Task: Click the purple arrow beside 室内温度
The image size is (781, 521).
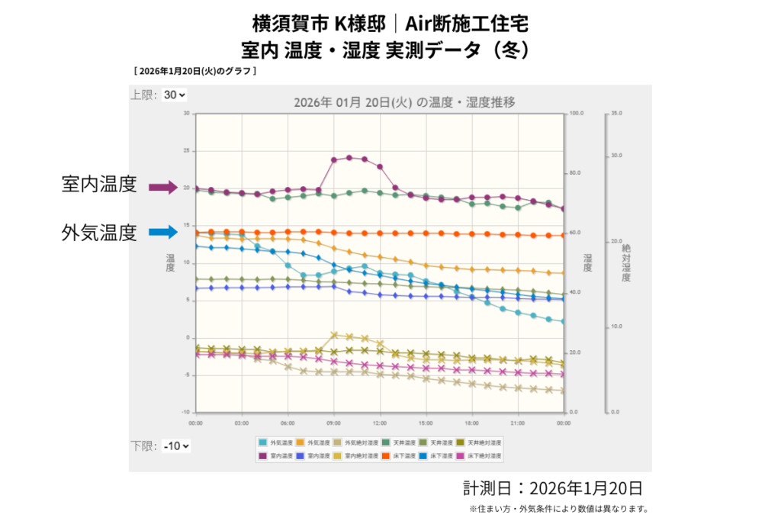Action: pyautogui.click(x=162, y=187)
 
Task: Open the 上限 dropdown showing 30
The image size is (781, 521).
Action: pyautogui.click(x=175, y=95)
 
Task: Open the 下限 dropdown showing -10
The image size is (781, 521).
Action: pyautogui.click(x=176, y=445)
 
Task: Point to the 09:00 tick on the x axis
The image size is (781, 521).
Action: pyautogui.click(x=333, y=421)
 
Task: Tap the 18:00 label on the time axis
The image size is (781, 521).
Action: pyautogui.click(x=471, y=421)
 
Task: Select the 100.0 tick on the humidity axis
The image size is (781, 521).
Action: pyautogui.click(x=576, y=113)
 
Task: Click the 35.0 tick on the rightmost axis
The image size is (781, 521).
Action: pyautogui.click(x=616, y=113)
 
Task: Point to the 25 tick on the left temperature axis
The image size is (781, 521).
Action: pyautogui.click(x=185, y=150)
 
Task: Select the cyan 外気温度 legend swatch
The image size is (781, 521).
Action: pyautogui.click(x=263, y=442)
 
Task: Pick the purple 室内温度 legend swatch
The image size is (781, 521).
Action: pyautogui.click(x=263, y=455)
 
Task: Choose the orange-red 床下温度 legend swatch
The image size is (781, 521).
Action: pyautogui.click(x=386, y=455)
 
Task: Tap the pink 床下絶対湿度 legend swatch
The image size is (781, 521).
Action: pyautogui.click(x=461, y=455)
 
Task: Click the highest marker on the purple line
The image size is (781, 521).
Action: pyautogui.click(x=349, y=158)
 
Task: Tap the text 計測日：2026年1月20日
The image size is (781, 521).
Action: pyautogui.click(x=552, y=488)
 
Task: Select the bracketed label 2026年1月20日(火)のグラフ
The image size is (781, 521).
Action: pyautogui.click(x=195, y=72)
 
